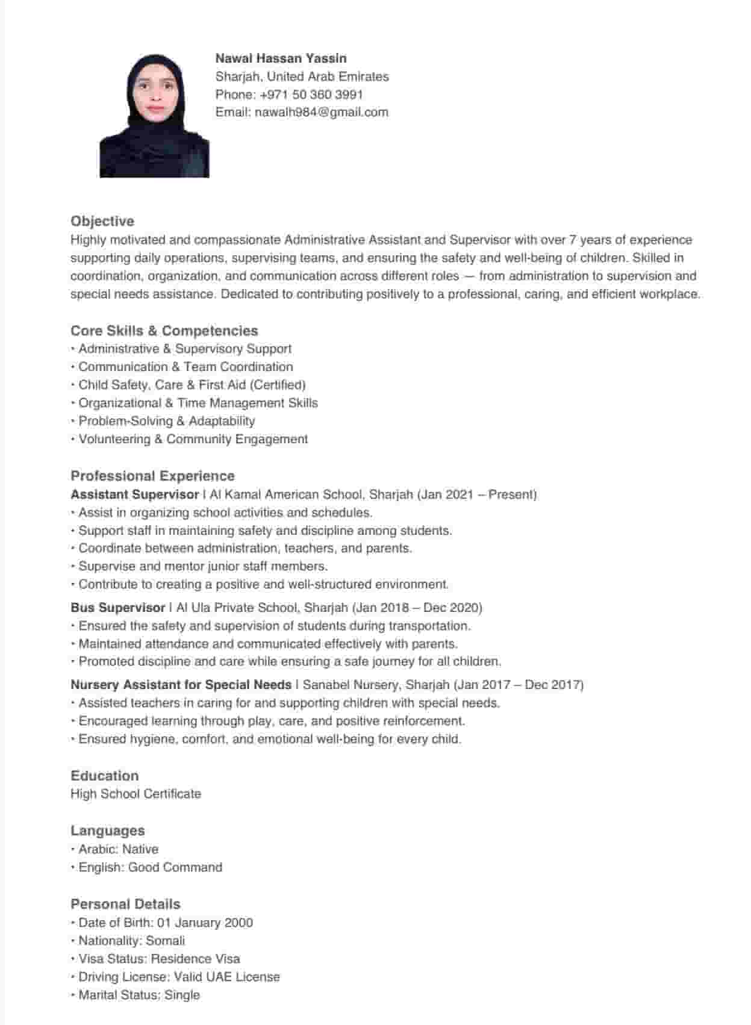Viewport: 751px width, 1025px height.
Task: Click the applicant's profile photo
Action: click(154, 116)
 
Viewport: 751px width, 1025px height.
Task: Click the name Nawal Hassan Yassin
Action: click(281, 58)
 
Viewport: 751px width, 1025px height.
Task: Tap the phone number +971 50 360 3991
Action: click(311, 95)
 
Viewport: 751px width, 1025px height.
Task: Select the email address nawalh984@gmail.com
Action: click(321, 112)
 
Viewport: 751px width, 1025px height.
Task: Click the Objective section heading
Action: click(102, 221)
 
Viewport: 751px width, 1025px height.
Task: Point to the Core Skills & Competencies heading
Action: click(164, 331)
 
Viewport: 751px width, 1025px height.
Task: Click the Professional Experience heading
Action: click(152, 476)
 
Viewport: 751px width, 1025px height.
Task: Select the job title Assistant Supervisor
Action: click(134, 494)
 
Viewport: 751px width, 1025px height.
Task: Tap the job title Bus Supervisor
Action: click(117, 608)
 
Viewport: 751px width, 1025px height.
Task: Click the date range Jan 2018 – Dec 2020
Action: click(417, 608)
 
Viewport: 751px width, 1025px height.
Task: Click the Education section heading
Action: click(104, 776)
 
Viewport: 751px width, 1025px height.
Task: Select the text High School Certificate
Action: click(136, 794)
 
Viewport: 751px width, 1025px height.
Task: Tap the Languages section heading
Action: click(107, 830)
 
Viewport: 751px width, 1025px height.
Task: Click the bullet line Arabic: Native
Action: click(118, 849)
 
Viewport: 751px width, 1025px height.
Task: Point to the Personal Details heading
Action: click(125, 904)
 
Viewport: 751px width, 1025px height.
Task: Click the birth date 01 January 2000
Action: click(205, 923)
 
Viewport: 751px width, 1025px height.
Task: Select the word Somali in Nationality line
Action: click(166, 941)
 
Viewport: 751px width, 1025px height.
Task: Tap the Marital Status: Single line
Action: click(139, 995)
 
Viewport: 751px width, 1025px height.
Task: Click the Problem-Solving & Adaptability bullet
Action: click(166, 421)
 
